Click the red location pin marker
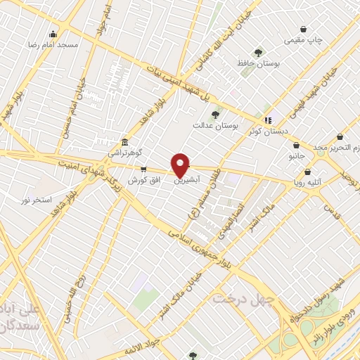pyautogui.click(x=180, y=164)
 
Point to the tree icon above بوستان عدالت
pyautogui.click(x=215, y=115)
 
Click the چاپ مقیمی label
pyautogui.click(x=304, y=40)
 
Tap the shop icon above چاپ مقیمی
pyautogui.click(x=303, y=29)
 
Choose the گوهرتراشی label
pyautogui.click(x=124, y=152)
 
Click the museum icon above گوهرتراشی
pyautogui.click(x=124, y=141)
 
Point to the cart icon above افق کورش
pyautogui.click(x=144, y=169)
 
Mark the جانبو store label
pyautogui.click(x=297, y=156)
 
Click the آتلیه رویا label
pyautogui.click(x=308, y=182)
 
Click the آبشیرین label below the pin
pyautogui.click(x=185, y=180)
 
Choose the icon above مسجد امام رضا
pyautogui.click(x=53, y=34)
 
